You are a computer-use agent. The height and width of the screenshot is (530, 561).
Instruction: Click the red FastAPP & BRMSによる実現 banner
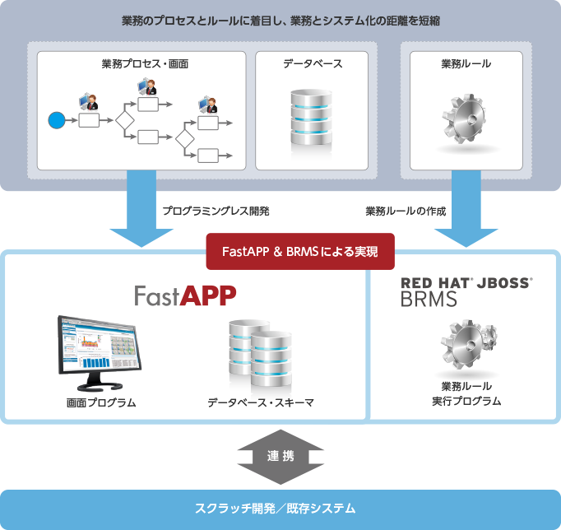(300, 253)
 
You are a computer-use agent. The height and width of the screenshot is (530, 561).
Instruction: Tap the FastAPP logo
(185, 295)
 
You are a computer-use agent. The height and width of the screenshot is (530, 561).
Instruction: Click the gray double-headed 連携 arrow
(280, 455)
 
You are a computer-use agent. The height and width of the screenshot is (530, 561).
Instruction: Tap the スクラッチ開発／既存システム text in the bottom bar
(280, 509)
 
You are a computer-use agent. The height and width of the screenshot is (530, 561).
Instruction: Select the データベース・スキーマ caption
(261, 402)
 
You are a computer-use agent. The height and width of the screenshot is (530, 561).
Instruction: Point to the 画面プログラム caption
(101, 402)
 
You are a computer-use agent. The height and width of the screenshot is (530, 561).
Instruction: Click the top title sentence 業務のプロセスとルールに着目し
(280, 21)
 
